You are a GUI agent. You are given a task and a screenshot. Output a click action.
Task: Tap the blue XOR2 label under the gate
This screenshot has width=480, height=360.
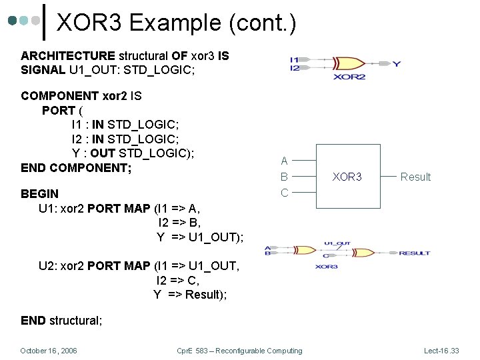click(350, 77)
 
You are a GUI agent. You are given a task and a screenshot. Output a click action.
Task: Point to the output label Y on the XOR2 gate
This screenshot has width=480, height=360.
click(397, 64)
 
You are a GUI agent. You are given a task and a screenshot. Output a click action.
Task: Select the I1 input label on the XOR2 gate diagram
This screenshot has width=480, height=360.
click(295, 60)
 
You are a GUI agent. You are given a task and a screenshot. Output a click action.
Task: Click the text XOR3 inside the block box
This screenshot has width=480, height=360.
click(347, 177)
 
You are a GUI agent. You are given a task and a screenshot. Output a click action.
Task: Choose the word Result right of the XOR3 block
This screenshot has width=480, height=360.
click(415, 177)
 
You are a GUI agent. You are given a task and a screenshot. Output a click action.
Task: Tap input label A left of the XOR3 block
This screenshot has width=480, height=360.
click(284, 161)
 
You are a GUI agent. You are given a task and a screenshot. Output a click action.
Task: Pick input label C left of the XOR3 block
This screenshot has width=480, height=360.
click(284, 193)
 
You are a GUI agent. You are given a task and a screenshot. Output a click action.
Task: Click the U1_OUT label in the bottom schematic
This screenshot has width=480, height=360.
click(337, 244)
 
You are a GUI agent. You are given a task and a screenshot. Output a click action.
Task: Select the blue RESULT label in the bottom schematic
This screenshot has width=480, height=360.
click(415, 253)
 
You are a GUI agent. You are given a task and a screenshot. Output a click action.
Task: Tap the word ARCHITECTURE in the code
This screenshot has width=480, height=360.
click(68, 56)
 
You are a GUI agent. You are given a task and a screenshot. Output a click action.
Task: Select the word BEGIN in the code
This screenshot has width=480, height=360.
click(39, 194)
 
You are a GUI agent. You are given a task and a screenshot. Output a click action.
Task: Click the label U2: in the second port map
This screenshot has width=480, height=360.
click(48, 266)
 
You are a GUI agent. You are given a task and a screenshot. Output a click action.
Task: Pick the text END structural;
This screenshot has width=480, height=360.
click(61, 321)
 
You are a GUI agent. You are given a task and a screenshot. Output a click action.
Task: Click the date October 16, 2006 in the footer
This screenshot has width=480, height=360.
click(49, 351)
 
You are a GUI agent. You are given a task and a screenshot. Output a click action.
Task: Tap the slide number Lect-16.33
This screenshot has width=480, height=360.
click(441, 351)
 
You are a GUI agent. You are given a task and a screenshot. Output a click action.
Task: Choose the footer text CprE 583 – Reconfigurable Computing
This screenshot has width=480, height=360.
click(239, 351)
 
